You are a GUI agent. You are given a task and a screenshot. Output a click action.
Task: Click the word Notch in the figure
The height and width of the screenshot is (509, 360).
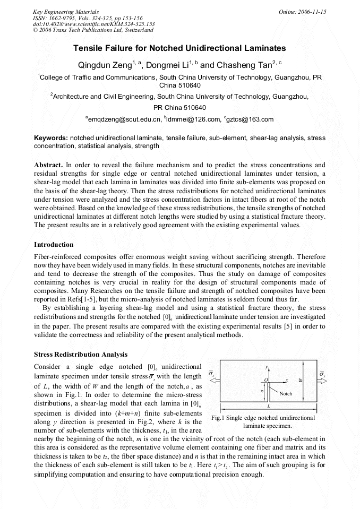pos(286,393)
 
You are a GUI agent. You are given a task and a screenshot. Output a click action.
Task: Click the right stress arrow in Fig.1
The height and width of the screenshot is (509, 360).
pos(322,379)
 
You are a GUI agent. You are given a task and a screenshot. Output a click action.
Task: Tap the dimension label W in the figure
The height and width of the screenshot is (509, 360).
pos(301,380)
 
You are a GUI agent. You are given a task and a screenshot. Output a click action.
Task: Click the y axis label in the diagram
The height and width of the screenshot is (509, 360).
pos(265,367)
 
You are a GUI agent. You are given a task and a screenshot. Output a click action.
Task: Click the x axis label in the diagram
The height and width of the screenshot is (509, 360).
pos(287,380)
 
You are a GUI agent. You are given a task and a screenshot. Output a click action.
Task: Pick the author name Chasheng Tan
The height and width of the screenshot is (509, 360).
pos(243,65)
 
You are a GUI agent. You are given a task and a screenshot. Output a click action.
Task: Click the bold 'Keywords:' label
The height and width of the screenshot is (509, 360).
pos(50,138)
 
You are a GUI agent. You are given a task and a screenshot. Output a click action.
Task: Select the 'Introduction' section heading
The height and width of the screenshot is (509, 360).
pos(54,245)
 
